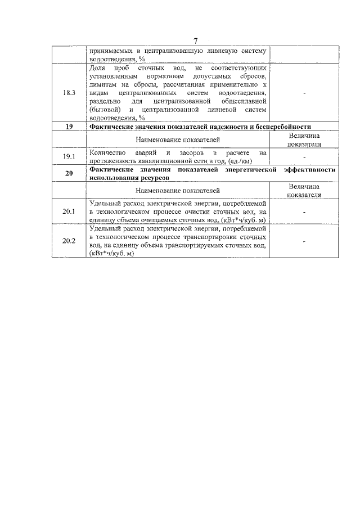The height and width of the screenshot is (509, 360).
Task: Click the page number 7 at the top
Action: click(195, 41)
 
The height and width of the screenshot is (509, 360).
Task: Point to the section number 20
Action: click(69, 173)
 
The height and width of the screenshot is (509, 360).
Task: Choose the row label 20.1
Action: click(69, 211)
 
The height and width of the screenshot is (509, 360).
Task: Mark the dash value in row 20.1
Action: click(304, 211)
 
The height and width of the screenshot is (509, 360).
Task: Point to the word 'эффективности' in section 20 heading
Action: click(310, 169)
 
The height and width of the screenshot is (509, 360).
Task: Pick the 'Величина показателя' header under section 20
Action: click(304, 191)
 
